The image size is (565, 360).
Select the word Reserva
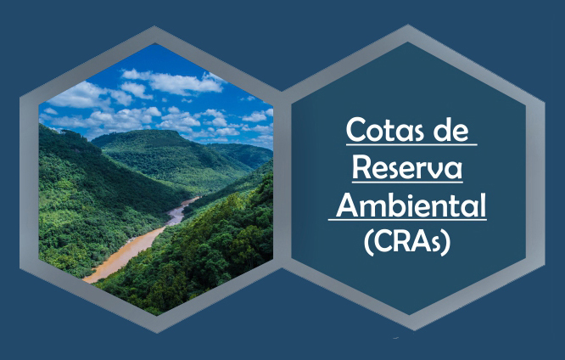pos(407,167)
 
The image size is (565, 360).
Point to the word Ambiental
pos(411,205)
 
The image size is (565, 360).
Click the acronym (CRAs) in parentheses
pos(407,242)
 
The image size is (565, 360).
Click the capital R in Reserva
pos(361,167)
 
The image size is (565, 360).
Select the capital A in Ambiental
pos(349,205)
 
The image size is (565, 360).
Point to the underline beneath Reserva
pos(407,183)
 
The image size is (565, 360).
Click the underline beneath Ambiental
pos(407,219)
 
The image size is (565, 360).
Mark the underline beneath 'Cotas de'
pos(411,144)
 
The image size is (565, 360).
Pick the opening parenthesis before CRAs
pos(368,243)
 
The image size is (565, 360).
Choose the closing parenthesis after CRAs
pos(447,243)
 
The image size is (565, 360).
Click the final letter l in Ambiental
pos(484,205)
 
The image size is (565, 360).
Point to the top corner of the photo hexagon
pos(155,43)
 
